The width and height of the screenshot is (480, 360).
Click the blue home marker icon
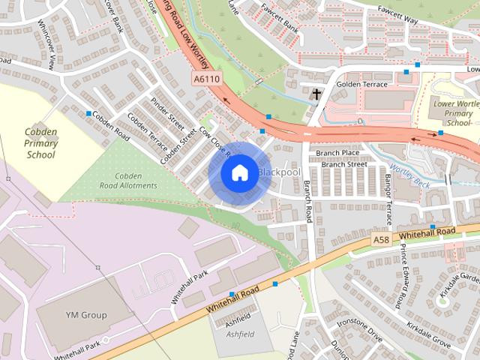coord(238,172)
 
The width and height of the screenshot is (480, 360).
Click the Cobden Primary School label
coord(40,143)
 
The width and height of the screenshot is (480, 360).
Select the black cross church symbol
coord(316,94)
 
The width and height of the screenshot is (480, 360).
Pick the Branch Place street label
coord(337,152)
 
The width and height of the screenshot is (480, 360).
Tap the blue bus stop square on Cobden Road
coord(88,114)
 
